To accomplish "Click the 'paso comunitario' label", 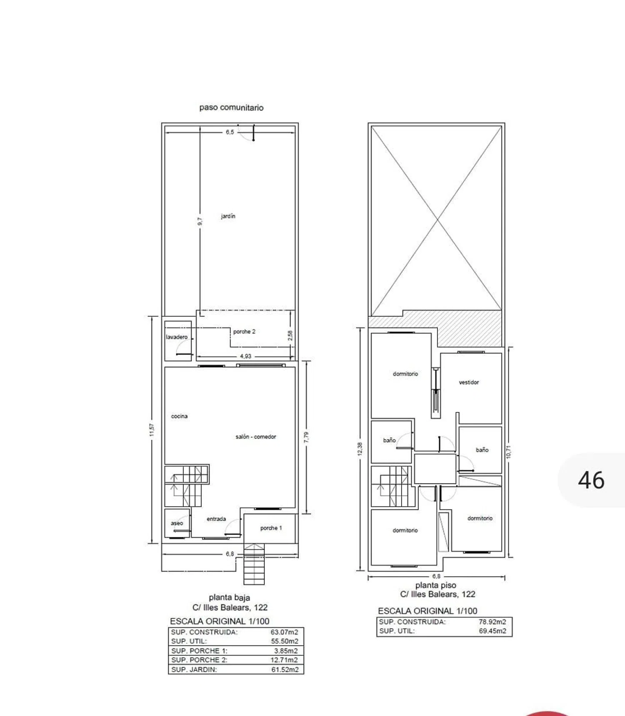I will point(231,107).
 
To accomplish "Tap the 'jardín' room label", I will point(228,216).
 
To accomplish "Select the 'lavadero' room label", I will point(177,337).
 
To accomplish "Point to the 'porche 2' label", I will point(244,332).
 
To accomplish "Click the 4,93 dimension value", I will point(245,357).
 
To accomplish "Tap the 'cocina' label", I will point(179,416).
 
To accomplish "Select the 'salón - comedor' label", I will point(256,437).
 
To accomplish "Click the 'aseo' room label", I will point(177,523).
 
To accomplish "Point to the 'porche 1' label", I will point(271,528).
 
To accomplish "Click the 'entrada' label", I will point(216,519).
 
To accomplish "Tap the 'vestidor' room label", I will point(469,382).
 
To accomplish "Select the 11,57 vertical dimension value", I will point(152,430).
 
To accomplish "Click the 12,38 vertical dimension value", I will point(360,449).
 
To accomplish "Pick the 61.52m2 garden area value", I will point(285,670).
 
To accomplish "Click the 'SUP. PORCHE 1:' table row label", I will point(199,651).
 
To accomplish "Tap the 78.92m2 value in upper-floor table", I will point(492,622).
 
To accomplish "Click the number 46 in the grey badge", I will point(591,480).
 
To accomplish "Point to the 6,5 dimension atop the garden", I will point(230,132).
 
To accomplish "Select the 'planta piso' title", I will point(435,585).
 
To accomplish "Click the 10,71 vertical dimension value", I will point(508,452).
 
